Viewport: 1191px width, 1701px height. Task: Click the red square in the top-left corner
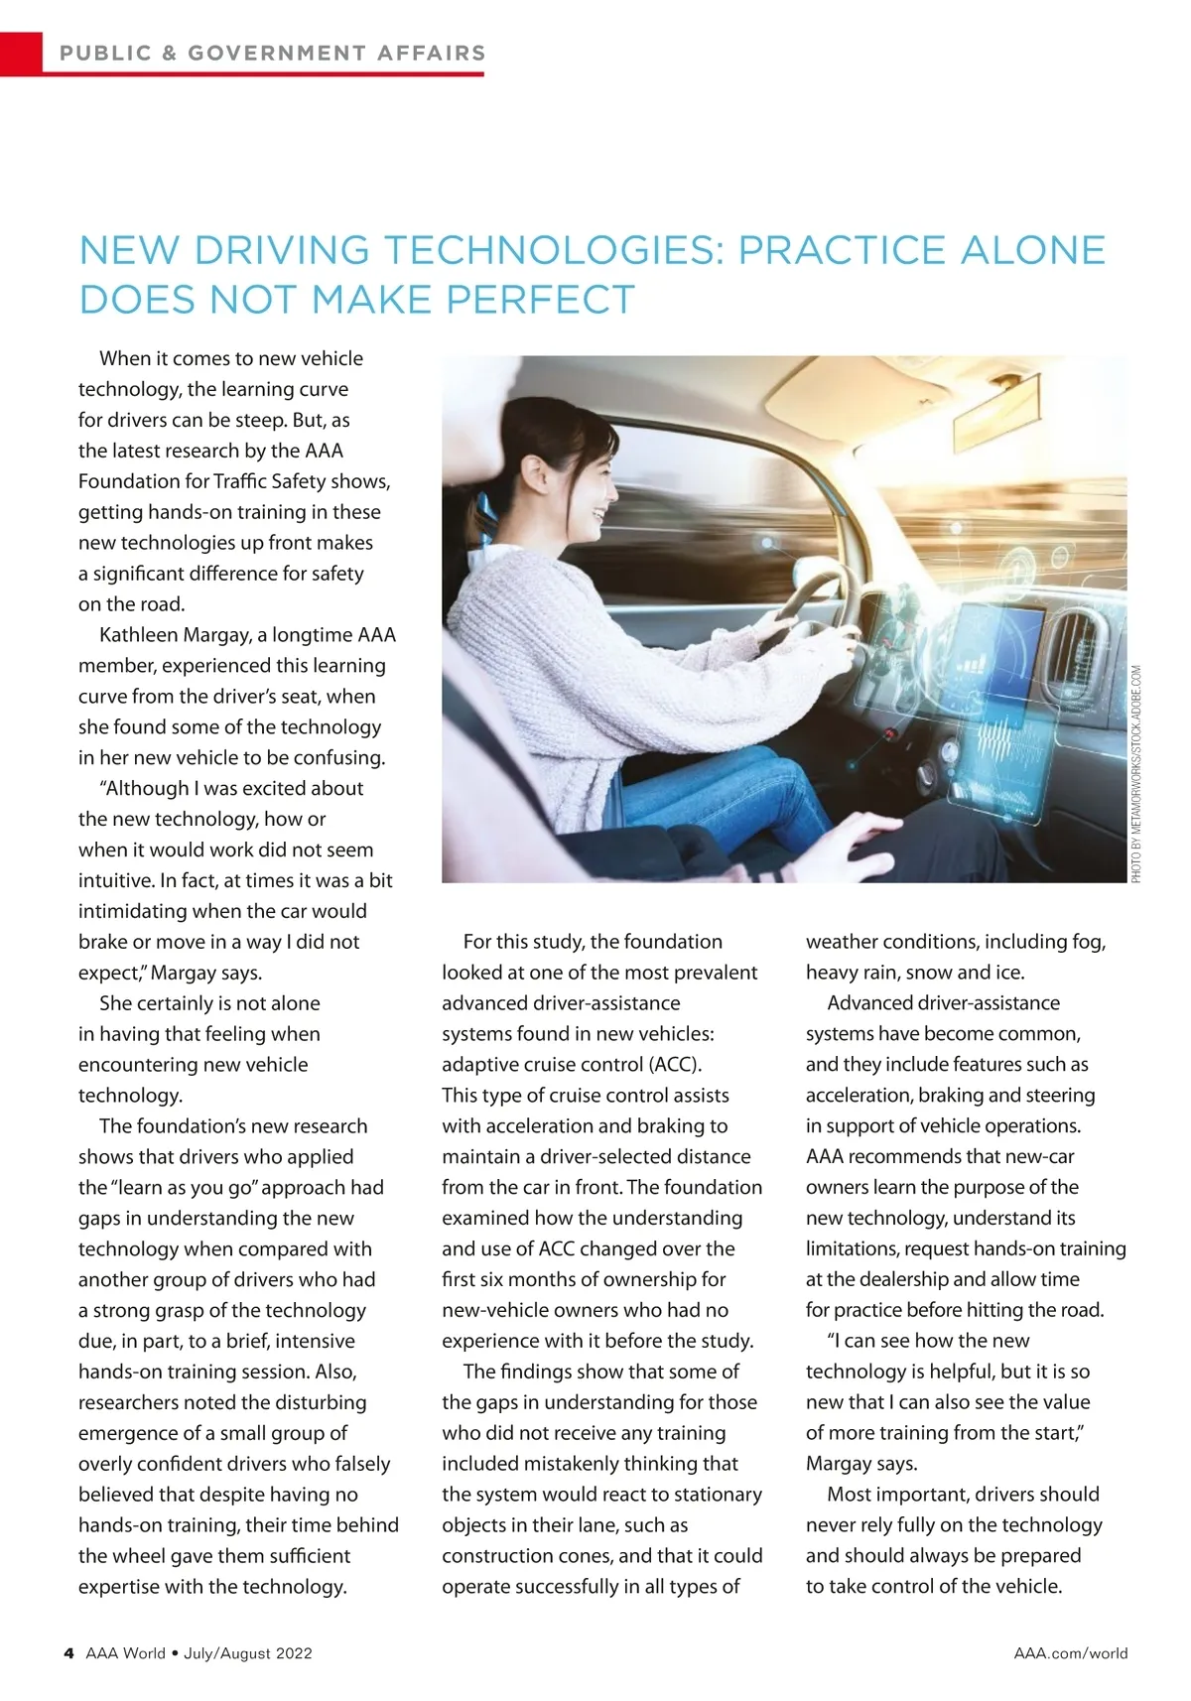[21, 53]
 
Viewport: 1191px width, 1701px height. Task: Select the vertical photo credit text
[1136, 774]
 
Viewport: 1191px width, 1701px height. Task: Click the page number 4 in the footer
[68, 1653]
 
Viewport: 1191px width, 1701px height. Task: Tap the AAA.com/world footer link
[1070, 1653]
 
